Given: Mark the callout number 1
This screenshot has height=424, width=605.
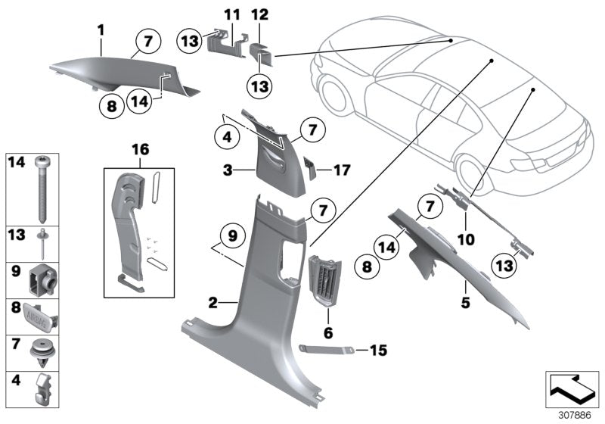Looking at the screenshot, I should click(101, 30).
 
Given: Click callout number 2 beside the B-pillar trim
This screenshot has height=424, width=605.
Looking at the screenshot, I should click(213, 303).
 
